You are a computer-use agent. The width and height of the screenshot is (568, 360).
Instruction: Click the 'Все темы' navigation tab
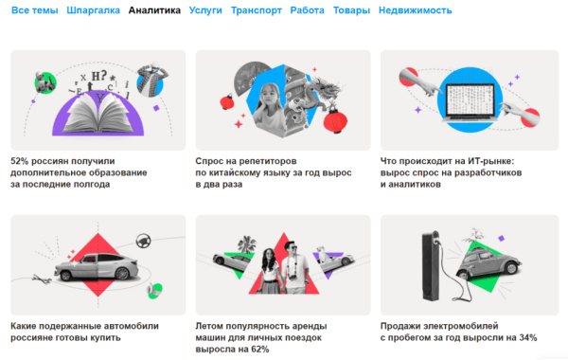click(x=34, y=11)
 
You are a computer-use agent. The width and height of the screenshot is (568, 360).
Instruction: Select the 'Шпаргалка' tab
click(x=93, y=11)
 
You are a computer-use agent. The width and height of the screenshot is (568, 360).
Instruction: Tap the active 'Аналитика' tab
click(x=154, y=11)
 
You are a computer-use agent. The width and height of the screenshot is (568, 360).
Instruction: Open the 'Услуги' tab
click(x=205, y=11)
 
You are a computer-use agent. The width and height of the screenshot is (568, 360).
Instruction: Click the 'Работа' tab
click(x=307, y=11)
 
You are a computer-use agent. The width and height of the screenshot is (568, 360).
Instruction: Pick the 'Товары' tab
click(x=350, y=11)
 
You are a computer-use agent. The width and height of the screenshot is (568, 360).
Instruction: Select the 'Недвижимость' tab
click(x=415, y=11)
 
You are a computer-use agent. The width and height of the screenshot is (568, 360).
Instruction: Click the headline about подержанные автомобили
click(x=85, y=326)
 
